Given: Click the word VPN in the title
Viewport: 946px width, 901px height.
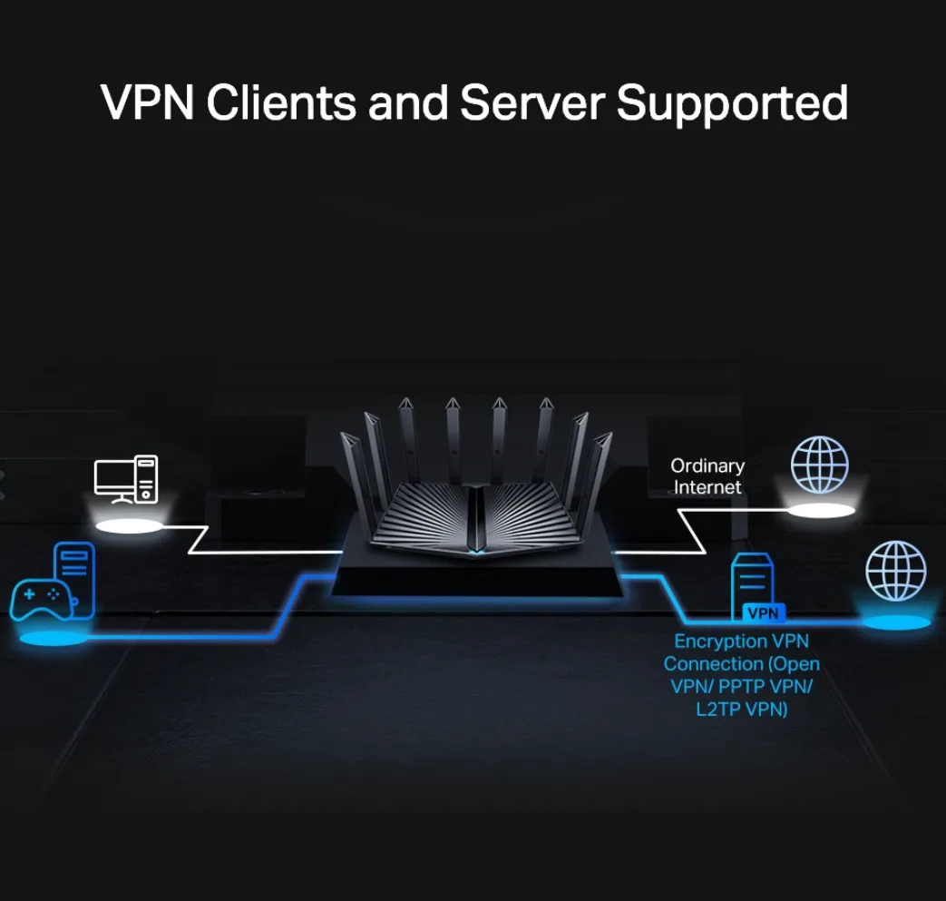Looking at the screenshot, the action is point(147,103).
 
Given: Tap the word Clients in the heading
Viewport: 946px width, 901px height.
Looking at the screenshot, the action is point(281,103).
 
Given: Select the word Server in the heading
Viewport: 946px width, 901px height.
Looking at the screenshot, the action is point(532,103).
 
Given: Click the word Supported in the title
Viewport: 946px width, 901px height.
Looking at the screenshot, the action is point(732,103).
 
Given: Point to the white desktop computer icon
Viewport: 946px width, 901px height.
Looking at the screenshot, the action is point(126,479).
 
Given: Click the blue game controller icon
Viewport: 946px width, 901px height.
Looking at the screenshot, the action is point(41,599).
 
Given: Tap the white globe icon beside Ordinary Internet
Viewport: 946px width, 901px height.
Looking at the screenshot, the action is point(819,465).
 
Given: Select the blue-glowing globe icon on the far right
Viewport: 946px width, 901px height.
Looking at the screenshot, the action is point(895,571).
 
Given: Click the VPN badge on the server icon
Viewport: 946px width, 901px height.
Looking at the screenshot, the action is point(763,613).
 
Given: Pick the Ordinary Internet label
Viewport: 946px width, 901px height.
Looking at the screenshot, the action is point(707,476).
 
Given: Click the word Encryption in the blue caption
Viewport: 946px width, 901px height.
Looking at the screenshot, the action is point(713,641).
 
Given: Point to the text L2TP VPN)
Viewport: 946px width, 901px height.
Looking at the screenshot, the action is point(742,709).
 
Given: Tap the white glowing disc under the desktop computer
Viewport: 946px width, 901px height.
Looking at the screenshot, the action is point(129,526).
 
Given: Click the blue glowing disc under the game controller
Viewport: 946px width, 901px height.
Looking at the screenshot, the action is point(52,639).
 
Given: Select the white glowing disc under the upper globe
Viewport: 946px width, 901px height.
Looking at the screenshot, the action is point(821,511).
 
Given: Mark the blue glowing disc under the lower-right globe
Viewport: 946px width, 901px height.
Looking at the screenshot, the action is point(896,622).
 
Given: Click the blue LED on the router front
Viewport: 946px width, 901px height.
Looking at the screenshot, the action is point(476,550).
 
